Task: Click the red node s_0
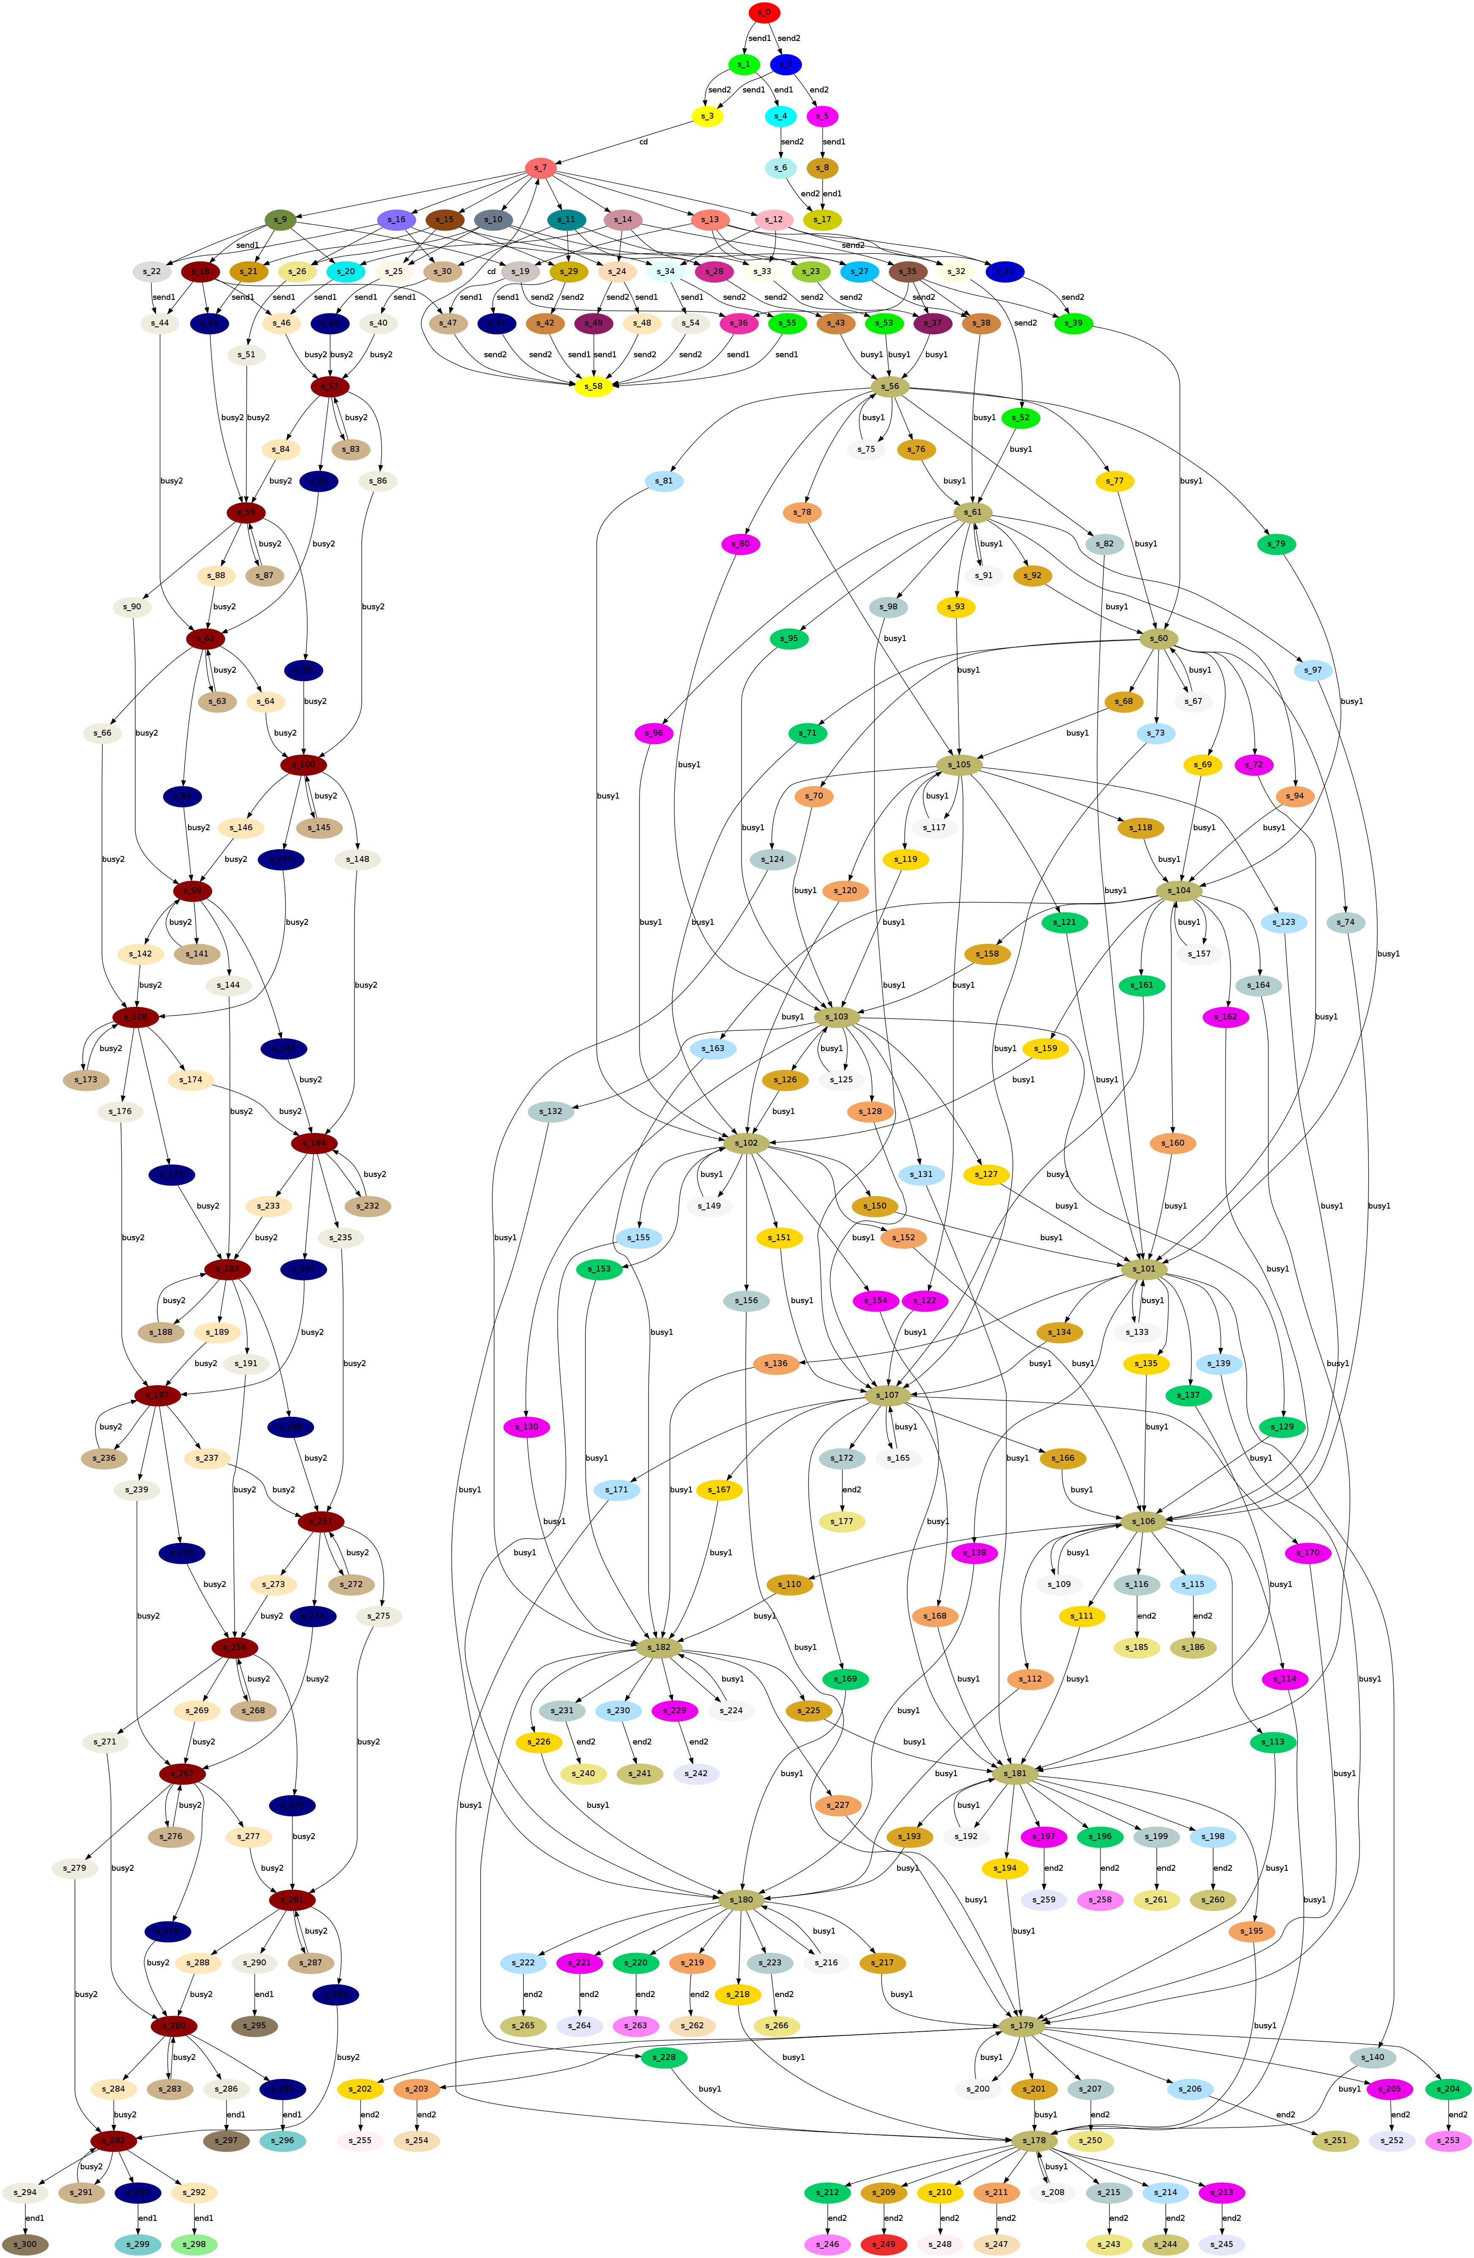coord(764,12)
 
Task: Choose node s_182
coord(659,1647)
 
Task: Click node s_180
coord(740,1899)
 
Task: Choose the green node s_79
coord(1277,543)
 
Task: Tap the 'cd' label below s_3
coord(644,142)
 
